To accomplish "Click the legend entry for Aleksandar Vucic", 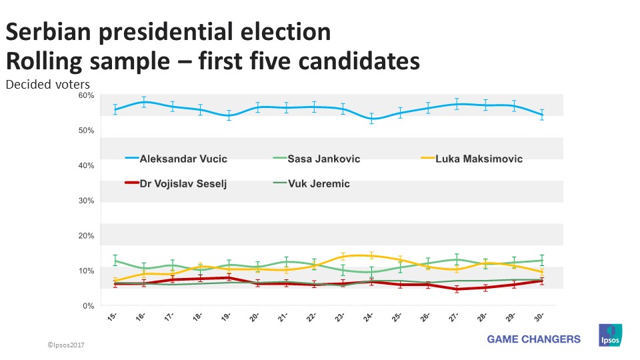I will click(176, 159).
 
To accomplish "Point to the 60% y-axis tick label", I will click(85, 95).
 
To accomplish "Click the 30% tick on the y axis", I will click(85, 201).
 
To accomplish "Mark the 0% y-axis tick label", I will click(88, 306).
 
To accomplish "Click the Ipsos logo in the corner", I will click(610, 335).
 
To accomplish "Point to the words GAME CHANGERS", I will click(533, 339).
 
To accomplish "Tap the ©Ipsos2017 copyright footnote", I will click(67, 345).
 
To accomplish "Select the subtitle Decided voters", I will click(47, 85).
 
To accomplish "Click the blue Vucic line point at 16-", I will click(144, 102).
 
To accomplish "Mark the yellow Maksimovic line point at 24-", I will click(371, 255).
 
